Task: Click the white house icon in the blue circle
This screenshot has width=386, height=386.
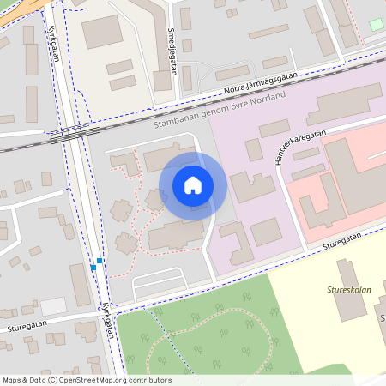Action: (193, 184)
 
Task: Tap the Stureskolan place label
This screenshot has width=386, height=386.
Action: (348, 291)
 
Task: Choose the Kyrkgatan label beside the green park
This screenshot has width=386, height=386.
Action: (108, 319)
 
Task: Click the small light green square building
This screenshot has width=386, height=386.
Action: (376, 24)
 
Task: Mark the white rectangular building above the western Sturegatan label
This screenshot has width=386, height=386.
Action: (53, 305)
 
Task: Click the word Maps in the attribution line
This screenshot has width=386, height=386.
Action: (12, 380)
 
